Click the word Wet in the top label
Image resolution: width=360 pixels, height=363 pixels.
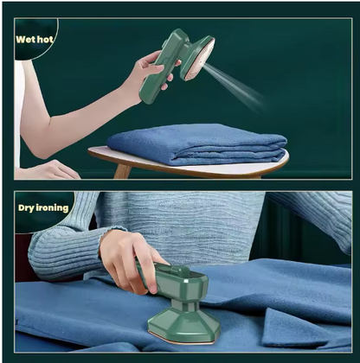pyautogui.click(x=25, y=39)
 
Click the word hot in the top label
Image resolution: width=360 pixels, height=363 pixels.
pyautogui.click(x=45, y=39)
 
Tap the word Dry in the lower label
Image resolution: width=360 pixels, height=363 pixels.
pyautogui.click(x=26, y=208)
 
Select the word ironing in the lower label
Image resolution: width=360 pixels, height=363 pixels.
pyautogui.click(x=52, y=207)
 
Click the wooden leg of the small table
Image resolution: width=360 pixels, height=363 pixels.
pyautogui.click(x=122, y=170)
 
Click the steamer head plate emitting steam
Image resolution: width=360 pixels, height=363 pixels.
pyautogui.click(x=198, y=59)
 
